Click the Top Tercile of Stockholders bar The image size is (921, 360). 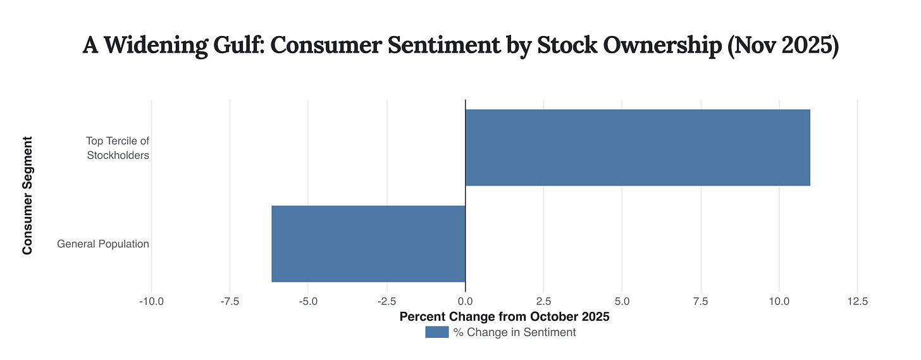tap(638, 147)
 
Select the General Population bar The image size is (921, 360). tap(368, 244)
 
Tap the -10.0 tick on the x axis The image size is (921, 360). tap(151, 302)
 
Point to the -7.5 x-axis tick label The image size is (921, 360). tap(230, 302)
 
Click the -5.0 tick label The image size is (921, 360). tap(308, 302)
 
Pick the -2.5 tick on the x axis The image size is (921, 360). tap(386, 302)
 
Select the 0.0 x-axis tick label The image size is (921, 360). tap(465, 302)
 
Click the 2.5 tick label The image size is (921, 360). tap(543, 302)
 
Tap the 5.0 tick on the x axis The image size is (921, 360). tap(622, 302)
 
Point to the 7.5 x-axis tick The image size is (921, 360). tap(700, 302)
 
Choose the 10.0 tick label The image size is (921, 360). tap(779, 302)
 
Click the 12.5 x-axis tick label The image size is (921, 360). tap(857, 302)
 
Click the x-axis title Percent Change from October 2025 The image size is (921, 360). tap(504, 317)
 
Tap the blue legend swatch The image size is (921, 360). tap(436, 332)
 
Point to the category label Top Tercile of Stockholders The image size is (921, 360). tap(118, 147)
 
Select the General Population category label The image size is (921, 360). tap(103, 244)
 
